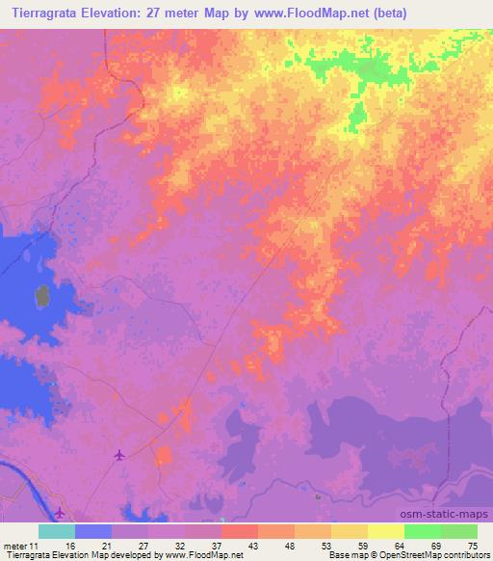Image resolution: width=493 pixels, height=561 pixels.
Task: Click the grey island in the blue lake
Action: [42, 299]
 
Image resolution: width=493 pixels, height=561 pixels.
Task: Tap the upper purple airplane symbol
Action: [119, 455]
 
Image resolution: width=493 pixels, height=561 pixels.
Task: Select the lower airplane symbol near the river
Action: [60, 512]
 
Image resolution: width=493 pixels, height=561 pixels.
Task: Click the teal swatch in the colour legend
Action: [57, 531]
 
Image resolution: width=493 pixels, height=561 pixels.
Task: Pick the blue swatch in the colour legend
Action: [93, 531]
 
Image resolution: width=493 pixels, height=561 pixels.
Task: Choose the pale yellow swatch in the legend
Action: [386, 531]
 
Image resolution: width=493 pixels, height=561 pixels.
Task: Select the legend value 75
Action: [472, 547]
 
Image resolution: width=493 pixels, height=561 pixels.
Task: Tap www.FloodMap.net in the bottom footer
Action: [203, 555]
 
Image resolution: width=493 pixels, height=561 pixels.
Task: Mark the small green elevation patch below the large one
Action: [357, 118]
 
